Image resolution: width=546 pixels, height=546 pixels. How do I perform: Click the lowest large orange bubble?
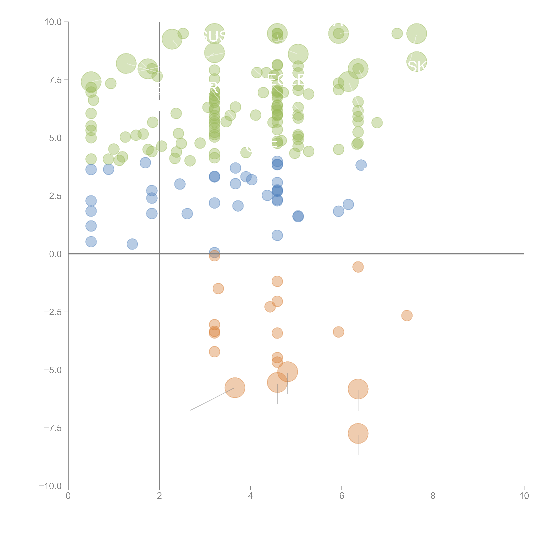pyautogui.click(x=358, y=433)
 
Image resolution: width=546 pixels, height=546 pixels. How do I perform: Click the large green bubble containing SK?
pyautogui.click(x=417, y=62)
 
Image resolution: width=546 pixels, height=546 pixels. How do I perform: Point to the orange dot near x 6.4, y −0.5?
pyautogui.click(x=358, y=267)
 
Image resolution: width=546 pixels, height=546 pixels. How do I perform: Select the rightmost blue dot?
pyautogui.click(x=361, y=165)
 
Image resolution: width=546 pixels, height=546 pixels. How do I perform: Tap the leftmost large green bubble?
pyautogui.click(x=91, y=82)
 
